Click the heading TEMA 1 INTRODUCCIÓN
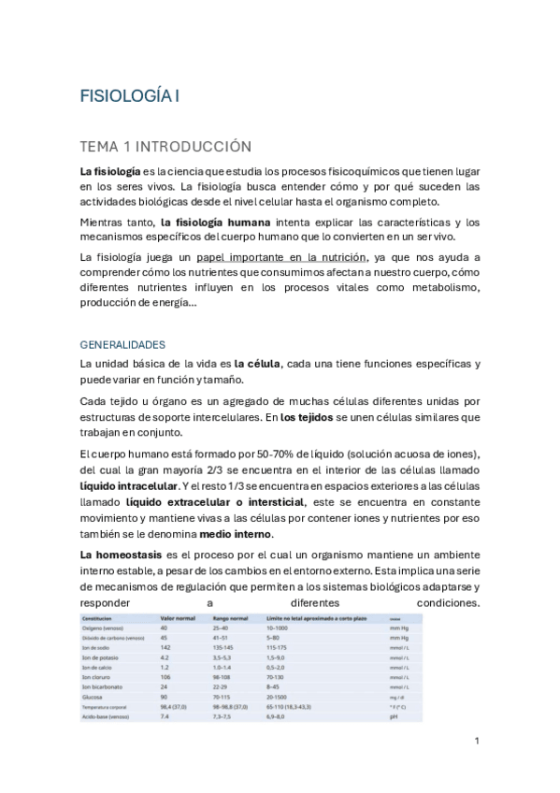166,146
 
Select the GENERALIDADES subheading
122,344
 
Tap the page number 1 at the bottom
477,741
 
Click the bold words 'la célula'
258,363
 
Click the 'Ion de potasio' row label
102,657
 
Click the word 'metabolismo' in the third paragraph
434,286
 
